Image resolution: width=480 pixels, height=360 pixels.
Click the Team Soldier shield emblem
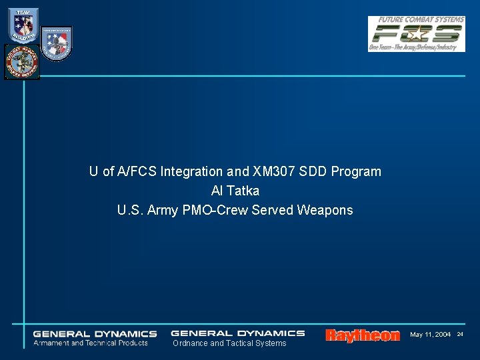point(23,25)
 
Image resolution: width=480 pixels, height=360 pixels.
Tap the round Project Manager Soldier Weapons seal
point(22,62)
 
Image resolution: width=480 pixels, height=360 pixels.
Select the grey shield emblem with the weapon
point(56,43)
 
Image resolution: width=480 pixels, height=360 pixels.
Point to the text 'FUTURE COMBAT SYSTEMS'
point(419,20)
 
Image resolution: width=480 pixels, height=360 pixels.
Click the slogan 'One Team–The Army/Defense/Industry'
point(416,47)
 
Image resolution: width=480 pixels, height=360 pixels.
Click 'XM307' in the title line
point(251,171)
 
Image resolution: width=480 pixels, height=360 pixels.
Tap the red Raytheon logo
point(363,335)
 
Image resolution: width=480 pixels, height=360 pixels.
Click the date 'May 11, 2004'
point(430,334)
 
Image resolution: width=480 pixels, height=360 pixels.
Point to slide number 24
point(460,334)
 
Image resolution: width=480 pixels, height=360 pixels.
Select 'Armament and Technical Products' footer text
point(91,343)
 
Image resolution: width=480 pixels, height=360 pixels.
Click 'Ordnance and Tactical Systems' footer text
point(229,343)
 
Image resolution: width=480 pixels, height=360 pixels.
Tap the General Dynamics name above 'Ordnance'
point(237,333)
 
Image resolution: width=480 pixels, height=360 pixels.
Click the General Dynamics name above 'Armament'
point(95,334)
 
